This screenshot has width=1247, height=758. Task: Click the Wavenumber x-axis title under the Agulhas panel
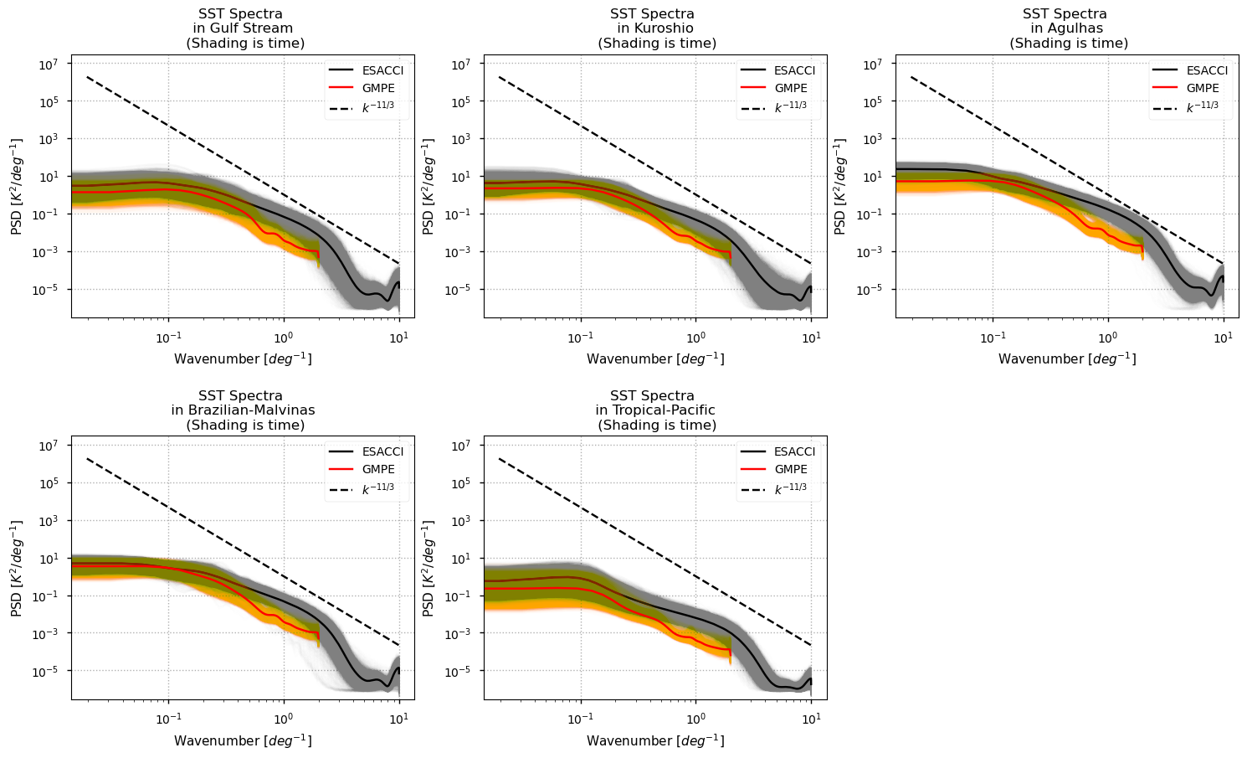pos(1067,359)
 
